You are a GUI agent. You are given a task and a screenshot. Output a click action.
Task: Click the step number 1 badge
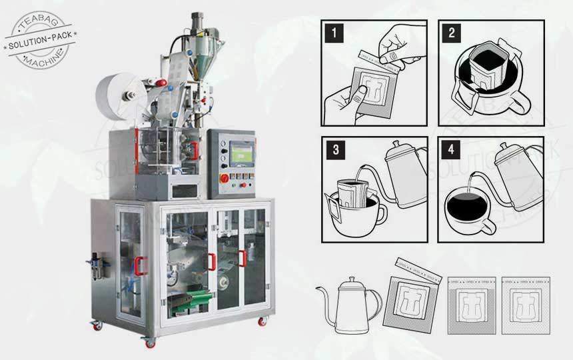tap(331, 31)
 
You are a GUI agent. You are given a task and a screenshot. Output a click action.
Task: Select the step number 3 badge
tap(331, 148)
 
